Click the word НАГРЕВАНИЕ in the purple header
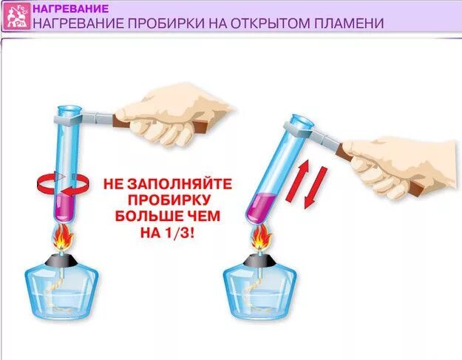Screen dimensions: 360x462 [x=71, y=8]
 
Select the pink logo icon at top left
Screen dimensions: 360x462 [x=14, y=15]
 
